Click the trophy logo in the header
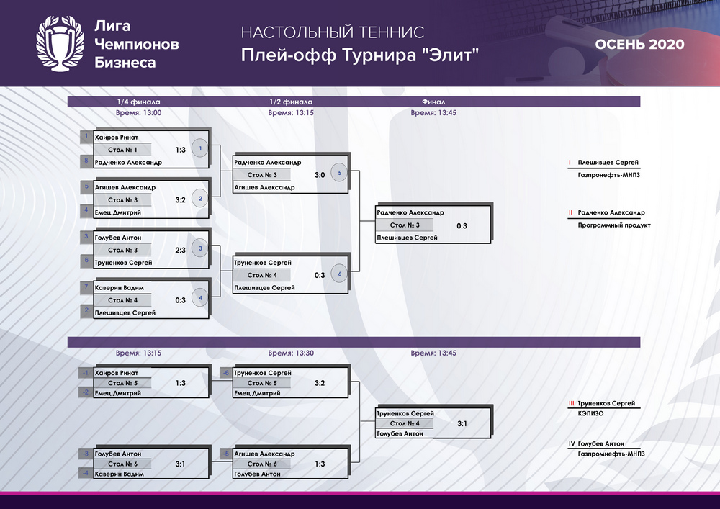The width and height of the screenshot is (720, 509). pyautogui.click(x=60, y=44)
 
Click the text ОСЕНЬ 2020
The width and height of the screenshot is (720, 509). pyautogui.click(x=639, y=44)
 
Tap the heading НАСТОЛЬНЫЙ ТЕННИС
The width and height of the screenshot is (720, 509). pyautogui.click(x=333, y=32)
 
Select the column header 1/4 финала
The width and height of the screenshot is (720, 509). pyautogui.click(x=138, y=102)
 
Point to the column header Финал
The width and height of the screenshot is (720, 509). pyautogui.click(x=433, y=102)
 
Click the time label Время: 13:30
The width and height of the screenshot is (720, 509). pyautogui.click(x=291, y=353)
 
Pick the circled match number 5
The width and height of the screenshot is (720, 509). pyautogui.click(x=339, y=173)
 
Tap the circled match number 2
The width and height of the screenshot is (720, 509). pyautogui.click(x=200, y=199)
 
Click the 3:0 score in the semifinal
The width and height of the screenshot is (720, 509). pyautogui.click(x=320, y=175)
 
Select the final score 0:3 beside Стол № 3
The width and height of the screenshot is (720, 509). pyautogui.click(x=462, y=226)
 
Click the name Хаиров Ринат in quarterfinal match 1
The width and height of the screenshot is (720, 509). pyautogui.click(x=116, y=138)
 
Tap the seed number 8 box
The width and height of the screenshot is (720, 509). pyautogui.click(x=86, y=161)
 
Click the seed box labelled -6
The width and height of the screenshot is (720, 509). pyautogui.click(x=226, y=373)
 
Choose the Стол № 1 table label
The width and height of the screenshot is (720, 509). pyautogui.click(x=122, y=150)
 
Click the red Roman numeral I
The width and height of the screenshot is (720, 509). pyautogui.click(x=570, y=163)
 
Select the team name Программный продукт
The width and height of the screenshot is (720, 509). pyautogui.click(x=614, y=225)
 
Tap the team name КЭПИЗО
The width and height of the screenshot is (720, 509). pyautogui.click(x=591, y=413)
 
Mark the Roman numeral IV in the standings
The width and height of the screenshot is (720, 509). pyautogui.click(x=572, y=443)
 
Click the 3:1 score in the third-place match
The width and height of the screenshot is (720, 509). pyautogui.click(x=462, y=423)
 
